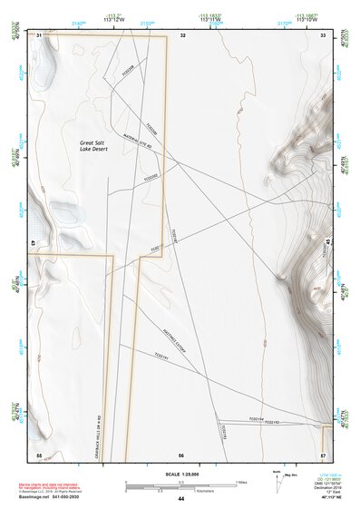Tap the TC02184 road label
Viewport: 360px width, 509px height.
[255, 418]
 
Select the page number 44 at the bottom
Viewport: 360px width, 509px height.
[181, 500]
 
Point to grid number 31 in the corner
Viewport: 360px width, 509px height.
[39, 34]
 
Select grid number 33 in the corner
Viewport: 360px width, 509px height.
[324, 34]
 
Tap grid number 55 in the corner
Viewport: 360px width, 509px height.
[39, 455]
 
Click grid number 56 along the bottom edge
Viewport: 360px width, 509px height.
[181, 455]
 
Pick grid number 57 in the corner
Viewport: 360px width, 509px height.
[323, 455]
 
